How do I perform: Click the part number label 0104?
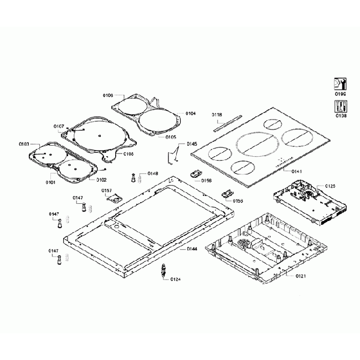click(191, 114)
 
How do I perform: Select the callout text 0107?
click(59, 126)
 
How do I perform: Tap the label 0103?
click(24, 144)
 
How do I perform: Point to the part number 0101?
click(50, 182)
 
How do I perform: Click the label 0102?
click(101, 180)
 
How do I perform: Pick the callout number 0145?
click(192, 143)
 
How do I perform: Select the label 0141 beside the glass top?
click(297, 172)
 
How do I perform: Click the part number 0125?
click(330, 186)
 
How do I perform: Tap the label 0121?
click(301, 275)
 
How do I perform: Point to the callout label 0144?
click(192, 249)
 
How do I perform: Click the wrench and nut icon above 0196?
click(340, 84)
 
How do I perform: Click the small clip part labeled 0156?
click(196, 173)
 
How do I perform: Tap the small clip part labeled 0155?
click(226, 194)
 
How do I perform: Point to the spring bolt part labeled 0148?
click(133, 178)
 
